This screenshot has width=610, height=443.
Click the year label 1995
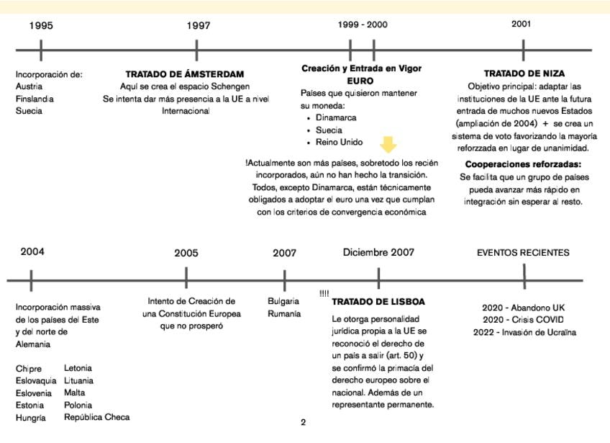click(41, 26)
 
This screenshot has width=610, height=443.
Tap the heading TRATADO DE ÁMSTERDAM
click(185, 74)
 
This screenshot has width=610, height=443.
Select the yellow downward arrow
click(388, 145)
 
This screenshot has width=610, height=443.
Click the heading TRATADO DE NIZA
click(524, 73)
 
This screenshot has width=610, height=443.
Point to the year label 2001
click(522, 24)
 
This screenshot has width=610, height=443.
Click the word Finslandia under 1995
click(35, 99)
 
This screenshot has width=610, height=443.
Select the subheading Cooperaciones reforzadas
click(523, 164)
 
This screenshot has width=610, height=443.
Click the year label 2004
click(32, 251)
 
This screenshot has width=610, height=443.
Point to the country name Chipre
click(29, 369)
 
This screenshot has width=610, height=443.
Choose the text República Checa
click(96, 417)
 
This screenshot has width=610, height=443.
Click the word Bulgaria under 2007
click(283, 301)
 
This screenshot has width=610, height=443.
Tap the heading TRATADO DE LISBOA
click(378, 301)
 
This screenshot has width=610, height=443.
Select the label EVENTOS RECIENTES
click(523, 253)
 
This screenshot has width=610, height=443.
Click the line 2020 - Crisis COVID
click(523, 320)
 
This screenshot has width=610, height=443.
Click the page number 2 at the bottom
click(303, 423)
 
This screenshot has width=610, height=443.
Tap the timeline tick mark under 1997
click(196, 50)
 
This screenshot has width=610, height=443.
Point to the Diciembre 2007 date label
click(378, 252)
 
